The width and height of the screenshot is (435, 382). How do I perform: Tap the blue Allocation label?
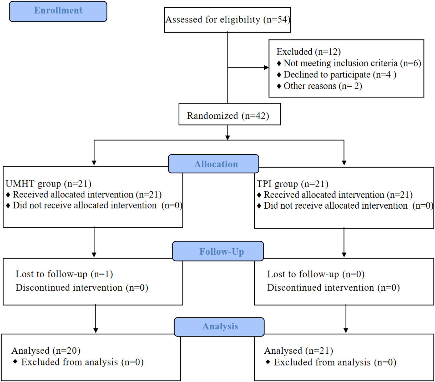click(216, 164)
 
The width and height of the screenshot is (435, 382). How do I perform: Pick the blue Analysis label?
click(220, 326)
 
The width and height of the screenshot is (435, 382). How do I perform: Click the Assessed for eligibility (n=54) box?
click(227, 20)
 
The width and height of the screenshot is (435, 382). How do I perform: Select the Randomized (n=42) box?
click(228, 116)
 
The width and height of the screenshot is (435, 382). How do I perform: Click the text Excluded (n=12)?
click(308, 52)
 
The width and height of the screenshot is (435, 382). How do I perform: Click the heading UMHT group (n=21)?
click(48, 184)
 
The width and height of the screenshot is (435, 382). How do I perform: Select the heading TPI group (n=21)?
click(292, 184)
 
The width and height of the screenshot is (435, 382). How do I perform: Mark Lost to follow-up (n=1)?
click(64, 274)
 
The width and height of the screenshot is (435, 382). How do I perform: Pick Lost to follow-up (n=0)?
click(316, 274)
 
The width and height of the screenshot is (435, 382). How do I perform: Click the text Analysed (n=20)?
click(46, 350)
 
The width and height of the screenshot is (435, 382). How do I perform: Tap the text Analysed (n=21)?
click(299, 350)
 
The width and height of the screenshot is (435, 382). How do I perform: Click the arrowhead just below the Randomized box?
click(228, 137)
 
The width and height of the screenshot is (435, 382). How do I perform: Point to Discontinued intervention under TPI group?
click(333, 288)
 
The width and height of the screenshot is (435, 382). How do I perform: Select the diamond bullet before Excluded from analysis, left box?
click(15, 362)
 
